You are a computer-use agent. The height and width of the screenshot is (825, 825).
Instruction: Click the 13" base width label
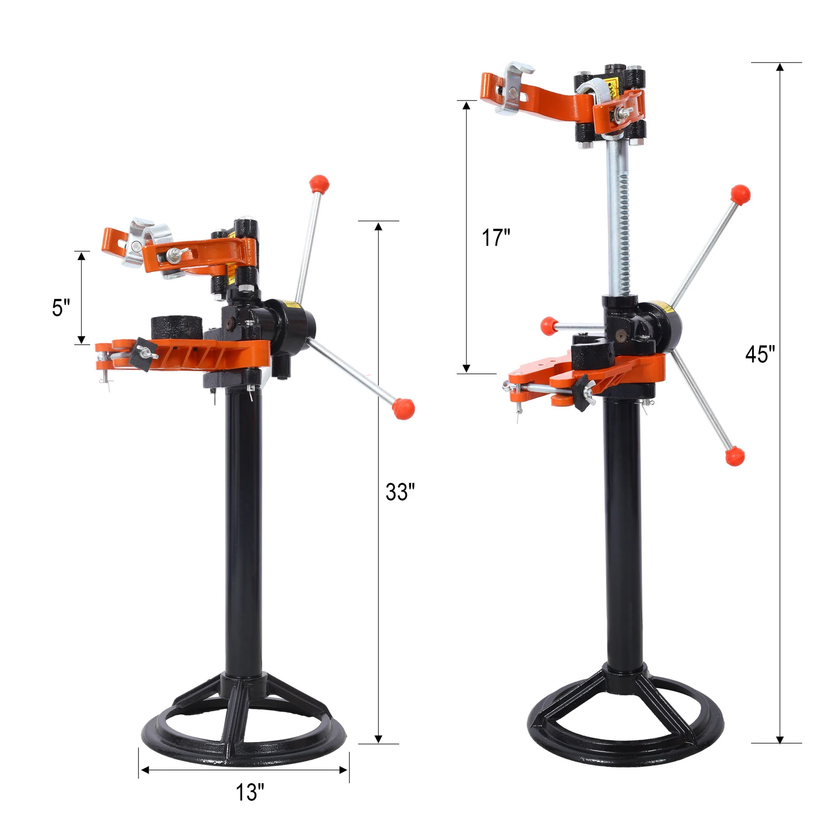[250, 792]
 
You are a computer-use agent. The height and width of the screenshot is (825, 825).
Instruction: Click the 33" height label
[400, 492]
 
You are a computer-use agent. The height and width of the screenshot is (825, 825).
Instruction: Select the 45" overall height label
[760, 354]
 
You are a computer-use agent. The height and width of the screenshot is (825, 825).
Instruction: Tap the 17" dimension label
[496, 238]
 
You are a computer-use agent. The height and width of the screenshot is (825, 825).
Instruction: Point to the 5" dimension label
[61, 308]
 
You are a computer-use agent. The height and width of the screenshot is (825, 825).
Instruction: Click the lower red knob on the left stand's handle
[403, 408]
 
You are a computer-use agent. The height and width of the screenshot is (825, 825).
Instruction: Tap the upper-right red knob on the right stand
[740, 194]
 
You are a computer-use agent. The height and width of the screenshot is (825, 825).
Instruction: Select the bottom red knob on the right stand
[735, 456]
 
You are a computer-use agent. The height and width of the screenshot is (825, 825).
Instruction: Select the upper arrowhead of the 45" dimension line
[780, 67]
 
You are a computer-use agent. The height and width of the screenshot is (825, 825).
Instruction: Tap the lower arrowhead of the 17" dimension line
[466, 368]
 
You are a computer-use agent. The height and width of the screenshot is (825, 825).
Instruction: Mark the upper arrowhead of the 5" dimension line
[81, 256]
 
